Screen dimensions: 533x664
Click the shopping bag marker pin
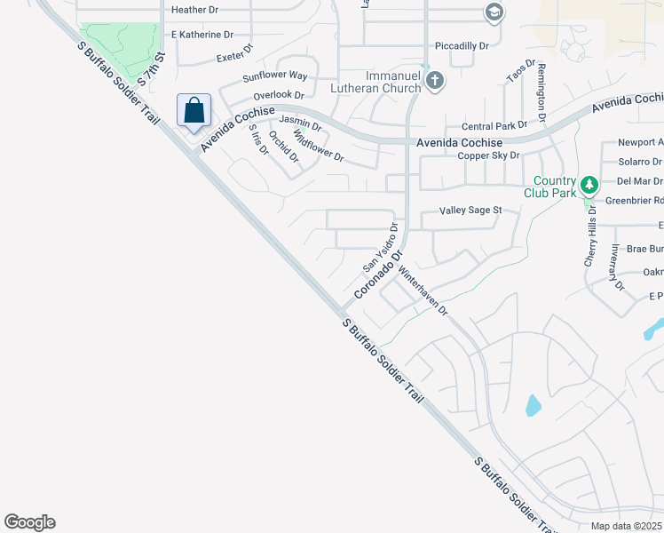194,112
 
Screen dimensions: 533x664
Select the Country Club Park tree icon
589,186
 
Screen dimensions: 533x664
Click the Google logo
29,522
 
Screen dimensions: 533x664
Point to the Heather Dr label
194,10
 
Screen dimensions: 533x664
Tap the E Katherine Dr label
202,35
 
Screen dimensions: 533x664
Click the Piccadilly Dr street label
462,45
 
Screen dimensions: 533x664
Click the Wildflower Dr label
319,148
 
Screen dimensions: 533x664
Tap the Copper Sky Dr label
488,155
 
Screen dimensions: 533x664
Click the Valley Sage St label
471,211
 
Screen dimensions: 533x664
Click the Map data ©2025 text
626,526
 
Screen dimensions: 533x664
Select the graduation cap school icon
494,12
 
